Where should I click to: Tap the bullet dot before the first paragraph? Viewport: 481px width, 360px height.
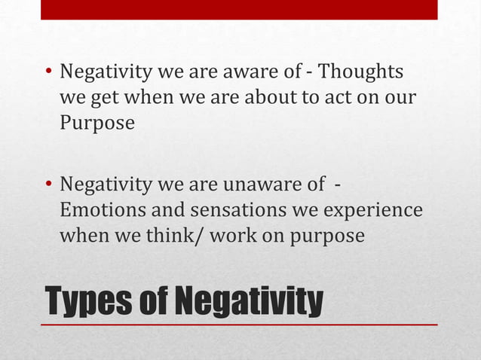[48, 74]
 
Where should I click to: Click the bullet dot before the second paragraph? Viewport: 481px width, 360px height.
[48, 186]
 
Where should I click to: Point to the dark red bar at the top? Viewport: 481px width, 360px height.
[239, 10]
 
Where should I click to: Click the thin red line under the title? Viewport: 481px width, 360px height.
[239, 325]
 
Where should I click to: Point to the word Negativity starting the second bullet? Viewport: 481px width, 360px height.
[109, 185]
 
